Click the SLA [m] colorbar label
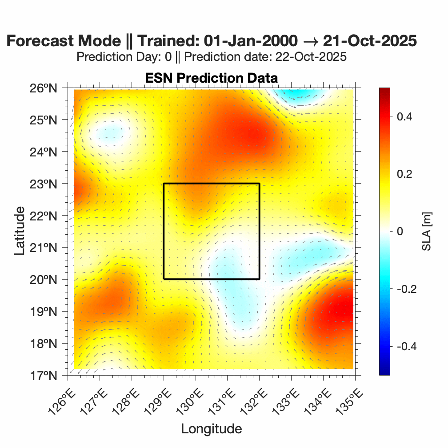[427, 232]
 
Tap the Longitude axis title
[211, 429]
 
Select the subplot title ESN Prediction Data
[211, 78]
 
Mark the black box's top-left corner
[164, 184]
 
